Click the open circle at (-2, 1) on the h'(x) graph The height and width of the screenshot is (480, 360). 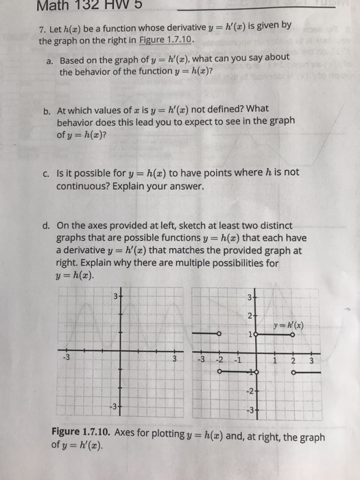[219, 335]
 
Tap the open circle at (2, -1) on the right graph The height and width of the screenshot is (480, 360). [293, 374]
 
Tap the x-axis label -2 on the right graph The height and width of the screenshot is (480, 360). [219, 361]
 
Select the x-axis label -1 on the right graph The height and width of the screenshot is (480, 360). [236, 361]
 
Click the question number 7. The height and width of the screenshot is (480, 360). [42, 27]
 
